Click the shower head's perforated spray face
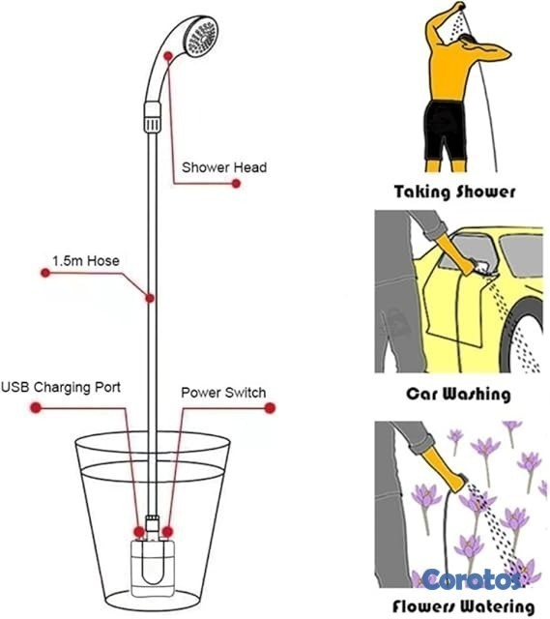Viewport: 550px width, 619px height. click(x=203, y=38)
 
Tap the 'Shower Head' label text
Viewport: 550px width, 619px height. click(x=224, y=167)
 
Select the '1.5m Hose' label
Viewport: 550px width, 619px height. click(x=86, y=261)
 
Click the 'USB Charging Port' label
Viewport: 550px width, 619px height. click(x=61, y=387)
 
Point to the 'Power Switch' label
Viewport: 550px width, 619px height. click(x=223, y=393)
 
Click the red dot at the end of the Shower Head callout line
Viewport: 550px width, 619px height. click(x=236, y=184)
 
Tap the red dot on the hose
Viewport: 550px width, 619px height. click(x=150, y=298)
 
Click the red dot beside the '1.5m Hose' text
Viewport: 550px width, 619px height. click(x=45, y=273)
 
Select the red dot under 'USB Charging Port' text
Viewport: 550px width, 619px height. click(x=36, y=407)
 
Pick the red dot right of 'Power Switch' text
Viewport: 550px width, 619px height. click(x=270, y=408)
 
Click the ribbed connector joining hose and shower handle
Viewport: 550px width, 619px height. click(x=153, y=117)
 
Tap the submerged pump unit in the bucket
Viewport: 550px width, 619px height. click(x=153, y=569)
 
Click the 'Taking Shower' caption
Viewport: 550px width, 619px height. click(x=455, y=192)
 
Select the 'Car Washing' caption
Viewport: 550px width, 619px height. click(x=458, y=394)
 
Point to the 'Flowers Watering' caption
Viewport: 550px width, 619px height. click(x=464, y=606)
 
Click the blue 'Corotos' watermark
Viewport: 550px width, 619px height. click(x=472, y=579)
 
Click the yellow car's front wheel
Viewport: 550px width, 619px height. click(x=524, y=336)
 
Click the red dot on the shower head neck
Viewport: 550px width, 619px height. click(x=168, y=56)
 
